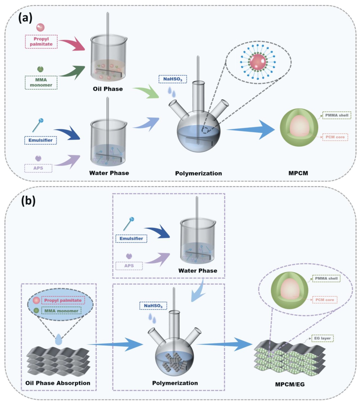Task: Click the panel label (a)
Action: [x=25, y=18]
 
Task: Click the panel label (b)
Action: [x=28, y=201]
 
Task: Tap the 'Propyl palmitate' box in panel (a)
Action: [x=41, y=42]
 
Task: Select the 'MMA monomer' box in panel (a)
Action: [x=41, y=82]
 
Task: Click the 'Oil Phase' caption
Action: [x=108, y=89]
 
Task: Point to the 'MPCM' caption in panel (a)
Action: [x=298, y=173]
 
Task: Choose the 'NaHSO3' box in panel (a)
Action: [x=173, y=79]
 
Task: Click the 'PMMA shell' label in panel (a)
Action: [x=337, y=115]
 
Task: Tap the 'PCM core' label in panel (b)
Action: [x=325, y=300]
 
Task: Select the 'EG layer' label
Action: [x=322, y=338]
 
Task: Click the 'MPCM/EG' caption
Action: [x=290, y=384]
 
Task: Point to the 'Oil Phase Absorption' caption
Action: [x=58, y=383]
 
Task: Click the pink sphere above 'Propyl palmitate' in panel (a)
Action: [x=40, y=27]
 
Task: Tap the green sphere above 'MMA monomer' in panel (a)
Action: [x=40, y=69]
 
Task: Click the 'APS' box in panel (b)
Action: [x=129, y=266]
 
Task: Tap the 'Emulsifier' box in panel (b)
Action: [x=131, y=238]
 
